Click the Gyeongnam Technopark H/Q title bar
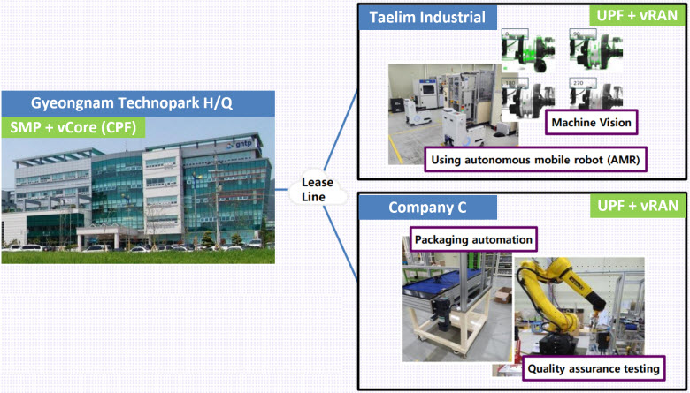point(138,103)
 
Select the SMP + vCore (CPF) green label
point(73,127)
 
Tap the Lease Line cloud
point(314,190)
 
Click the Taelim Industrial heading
point(427,18)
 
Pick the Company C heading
point(427,208)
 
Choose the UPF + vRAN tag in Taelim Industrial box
point(637,15)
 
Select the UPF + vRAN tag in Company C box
point(637,206)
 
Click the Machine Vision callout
point(591,123)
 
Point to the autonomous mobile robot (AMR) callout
point(537,160)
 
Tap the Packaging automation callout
point(473,239)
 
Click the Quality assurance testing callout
point(594,368)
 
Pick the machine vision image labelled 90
point(595,50)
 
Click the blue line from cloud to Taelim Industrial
point(341,132)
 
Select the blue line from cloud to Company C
point(341,243)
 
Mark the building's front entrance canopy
point(108,231)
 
